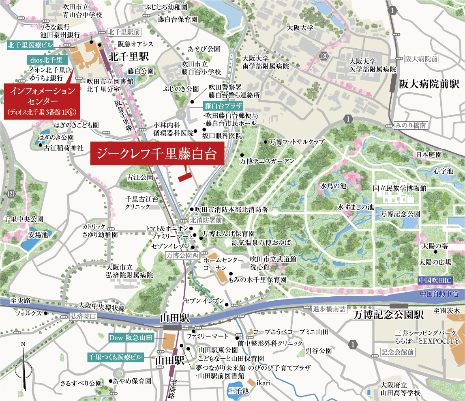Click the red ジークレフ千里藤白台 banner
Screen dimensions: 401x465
coord(157,154)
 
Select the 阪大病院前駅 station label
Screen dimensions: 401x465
coord(429,84)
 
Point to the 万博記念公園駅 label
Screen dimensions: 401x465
coord(388,315)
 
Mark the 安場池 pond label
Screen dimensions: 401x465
coord(38,235)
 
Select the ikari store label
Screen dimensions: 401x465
coord(264,383)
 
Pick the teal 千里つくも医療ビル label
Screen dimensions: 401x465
coord(116,358)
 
